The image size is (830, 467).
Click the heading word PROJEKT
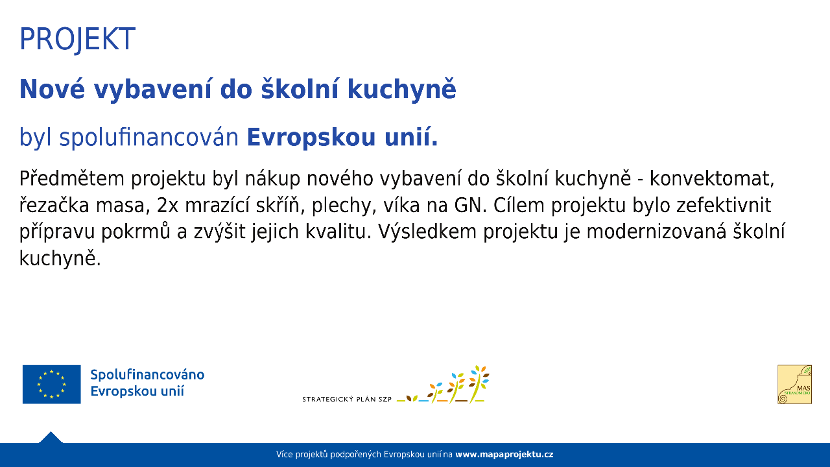[x=77, y=39]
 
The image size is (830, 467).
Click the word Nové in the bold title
[x=53, y=89]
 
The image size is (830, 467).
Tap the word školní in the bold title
[x=300, y=89]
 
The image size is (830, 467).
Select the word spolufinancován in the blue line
[x=149, y=137]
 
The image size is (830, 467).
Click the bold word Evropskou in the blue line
[x=311, y=138]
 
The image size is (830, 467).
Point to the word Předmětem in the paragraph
[x=71, y=178]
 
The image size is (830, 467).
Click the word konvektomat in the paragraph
[x=712, y=179]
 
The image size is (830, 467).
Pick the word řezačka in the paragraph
[x=54, y=206]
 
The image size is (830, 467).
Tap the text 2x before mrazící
[x=167, y=206]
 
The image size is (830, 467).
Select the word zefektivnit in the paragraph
[x=724, y=206]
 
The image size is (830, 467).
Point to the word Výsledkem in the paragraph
[x=427, y=232]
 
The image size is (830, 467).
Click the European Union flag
[x=51, y=385]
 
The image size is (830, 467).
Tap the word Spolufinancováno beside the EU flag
[x=147, y=375]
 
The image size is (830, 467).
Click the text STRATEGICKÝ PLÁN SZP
[x=347, y=399]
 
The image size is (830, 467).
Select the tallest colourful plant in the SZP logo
[x=479, y=384]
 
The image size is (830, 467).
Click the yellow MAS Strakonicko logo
[x=794, y=385]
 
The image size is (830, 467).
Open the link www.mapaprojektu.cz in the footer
[x=504, y=455]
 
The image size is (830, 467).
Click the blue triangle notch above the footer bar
[x=51, y=438]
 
